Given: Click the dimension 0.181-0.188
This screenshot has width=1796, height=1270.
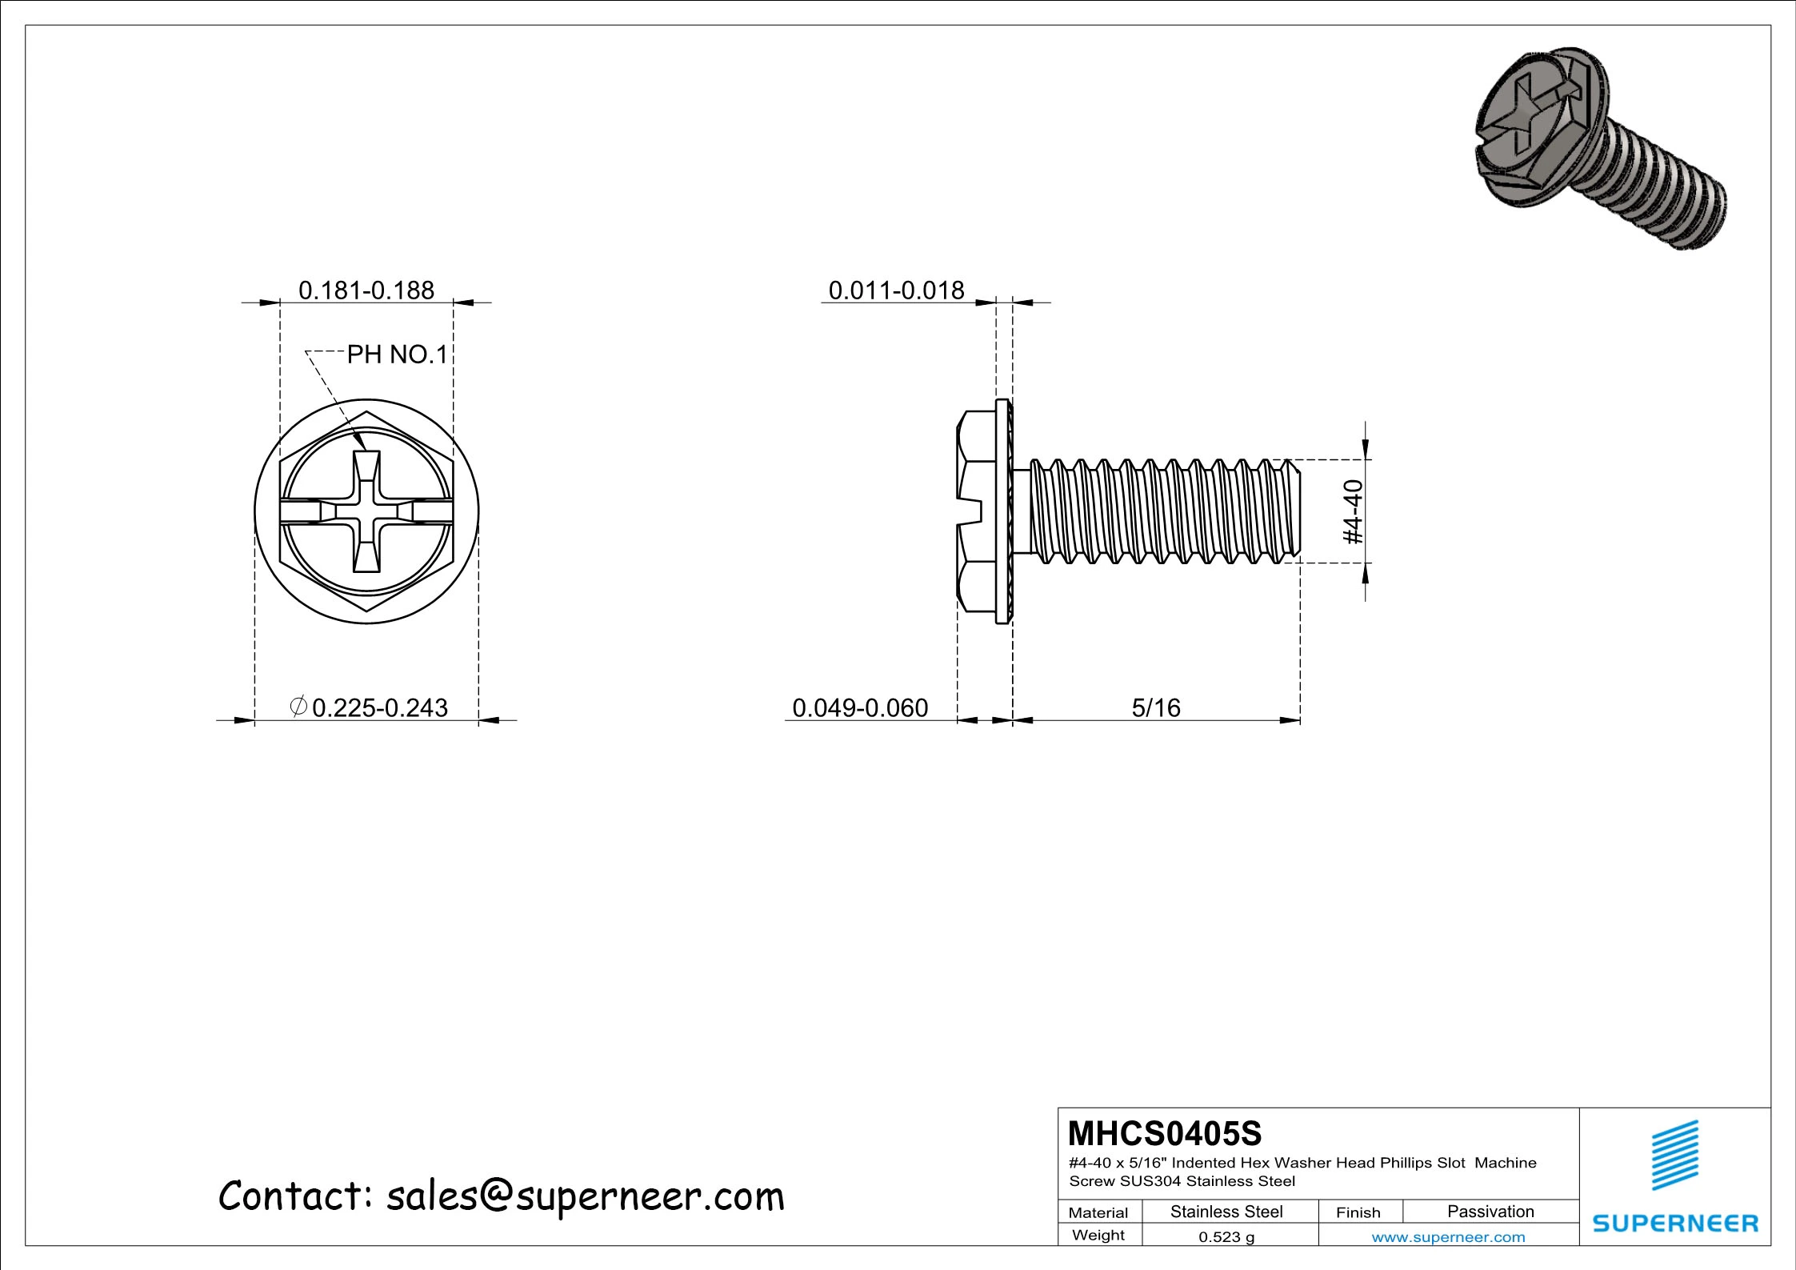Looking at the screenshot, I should point(366,290).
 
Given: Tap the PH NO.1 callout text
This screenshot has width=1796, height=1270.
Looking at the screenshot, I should point(397,355).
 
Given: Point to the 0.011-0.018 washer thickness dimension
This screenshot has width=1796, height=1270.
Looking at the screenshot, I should point(896,290).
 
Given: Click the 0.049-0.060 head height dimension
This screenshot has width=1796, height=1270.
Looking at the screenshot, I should point(860,707).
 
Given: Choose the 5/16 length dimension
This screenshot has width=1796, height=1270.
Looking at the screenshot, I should point(1155,707).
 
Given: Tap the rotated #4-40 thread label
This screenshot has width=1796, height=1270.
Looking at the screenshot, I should point(1351,511).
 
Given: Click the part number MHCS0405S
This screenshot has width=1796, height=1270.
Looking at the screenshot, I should point(1164,1133).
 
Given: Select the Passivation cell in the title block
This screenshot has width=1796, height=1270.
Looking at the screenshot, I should point(1490,1212).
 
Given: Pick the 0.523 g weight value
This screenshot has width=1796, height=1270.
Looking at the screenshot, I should point(1226,1237).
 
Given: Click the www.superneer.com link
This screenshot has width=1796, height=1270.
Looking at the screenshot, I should point(1448,1237).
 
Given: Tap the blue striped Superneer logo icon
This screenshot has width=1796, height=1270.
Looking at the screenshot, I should point(1675,1155).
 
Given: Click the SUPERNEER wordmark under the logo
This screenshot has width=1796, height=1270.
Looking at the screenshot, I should point(1675,1224).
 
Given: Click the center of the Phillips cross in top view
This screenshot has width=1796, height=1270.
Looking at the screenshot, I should point(366,511).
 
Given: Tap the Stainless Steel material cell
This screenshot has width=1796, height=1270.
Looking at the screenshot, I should point(1226,1212).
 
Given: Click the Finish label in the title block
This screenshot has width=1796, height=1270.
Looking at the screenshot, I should point(1358,1212).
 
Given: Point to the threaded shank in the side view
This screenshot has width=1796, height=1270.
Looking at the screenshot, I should point(1160,511).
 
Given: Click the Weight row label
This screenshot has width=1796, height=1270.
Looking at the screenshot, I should point(1098,1235).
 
